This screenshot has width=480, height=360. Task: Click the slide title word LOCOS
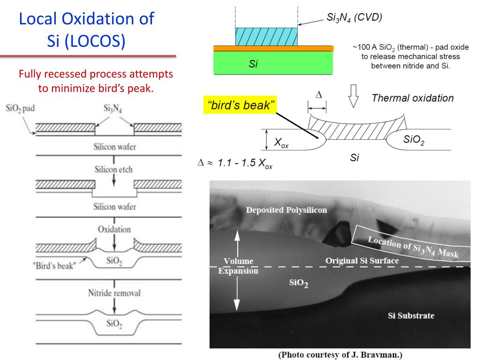pyautogui.click(x=102, y=41)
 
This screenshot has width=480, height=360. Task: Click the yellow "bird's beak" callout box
pyautogui.click(x=240, y=105)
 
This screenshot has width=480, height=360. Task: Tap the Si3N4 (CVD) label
pyautogui.click(x=354, y=18)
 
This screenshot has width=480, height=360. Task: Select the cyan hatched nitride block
pyautogui.click(x=266, y=36)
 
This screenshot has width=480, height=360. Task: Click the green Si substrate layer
pyautogui.click(x=273, y=63)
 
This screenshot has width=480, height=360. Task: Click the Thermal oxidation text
pyautogui.click(x=412, y=98)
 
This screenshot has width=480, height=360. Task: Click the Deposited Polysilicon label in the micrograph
pyautogui.click(x=286, y=210)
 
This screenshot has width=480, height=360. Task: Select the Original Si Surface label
pyautogui.click(x=362, y=261)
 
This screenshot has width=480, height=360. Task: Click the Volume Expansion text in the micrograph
pyautogui.click(x=238, y=266)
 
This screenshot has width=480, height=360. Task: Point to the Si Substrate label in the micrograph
pyautogui.click(x=411, y=315)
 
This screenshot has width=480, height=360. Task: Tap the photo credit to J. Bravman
pyautogui.click(x=341, y=355)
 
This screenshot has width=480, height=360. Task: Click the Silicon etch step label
pyautogui.click(x=113, y=170)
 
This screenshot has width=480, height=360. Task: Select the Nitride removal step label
pyautogui.click(x=114, y=293)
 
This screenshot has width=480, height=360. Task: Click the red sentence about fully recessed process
pyautogui.click(x=96, y=81)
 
